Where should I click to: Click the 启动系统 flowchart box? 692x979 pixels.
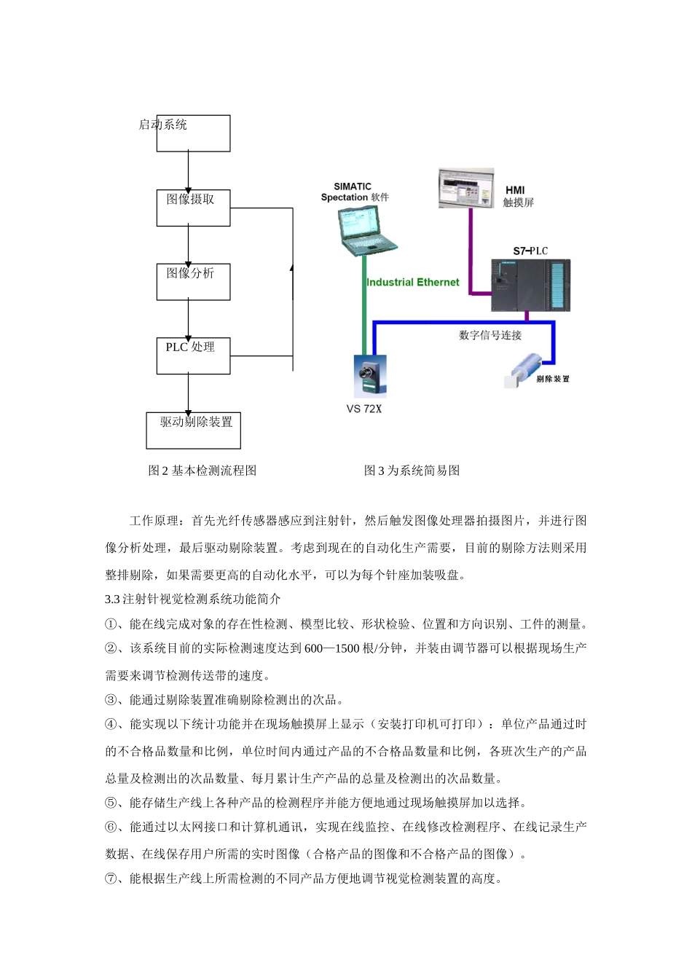point(193,133)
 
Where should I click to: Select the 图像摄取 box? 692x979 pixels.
point(193,208)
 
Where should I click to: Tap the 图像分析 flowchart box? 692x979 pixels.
point(193,282)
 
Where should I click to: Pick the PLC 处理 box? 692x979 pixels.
point(193,355)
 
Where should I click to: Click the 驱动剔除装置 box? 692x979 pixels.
point(193,430)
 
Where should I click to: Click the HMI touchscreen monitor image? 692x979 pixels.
point(466,189)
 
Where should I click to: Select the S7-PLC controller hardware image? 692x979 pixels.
point(530,285)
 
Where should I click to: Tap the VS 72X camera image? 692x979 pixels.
point(370,375)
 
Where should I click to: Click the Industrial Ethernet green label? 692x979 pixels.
point(413,283)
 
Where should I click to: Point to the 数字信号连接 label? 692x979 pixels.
point(490,336)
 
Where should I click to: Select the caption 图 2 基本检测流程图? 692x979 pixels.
point(203,471)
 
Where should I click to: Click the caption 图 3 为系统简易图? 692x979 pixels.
point(412,471)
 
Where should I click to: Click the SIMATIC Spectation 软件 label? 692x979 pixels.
point(355,192)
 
